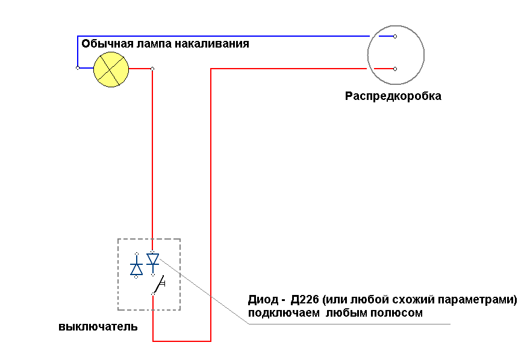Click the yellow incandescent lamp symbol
pyautogui.click(x=111, y=69)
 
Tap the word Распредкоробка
pyautogui.click(x=393, y=96)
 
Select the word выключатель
pyautogui.click(x=98, y=327)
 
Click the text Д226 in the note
pyautogui.click(x=305, y=300)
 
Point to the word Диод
pyautogui.click(x=263, y=300)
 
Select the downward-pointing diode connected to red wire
pyautogui.click(x=153, y=263)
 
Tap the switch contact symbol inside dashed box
pyautogui.click(x=158, y=285)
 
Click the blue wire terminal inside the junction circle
pyautogui.click(x=395, y=36)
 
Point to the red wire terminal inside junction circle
pyautogui.click(x=395, y=69)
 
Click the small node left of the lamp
pyautogui.click(x=78, y=68)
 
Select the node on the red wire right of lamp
pyautogui.click(x=152, y=69)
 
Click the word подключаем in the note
pyautogui.click(x=284, y=313)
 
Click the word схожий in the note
pyautogui.click(x=411, y=300)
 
